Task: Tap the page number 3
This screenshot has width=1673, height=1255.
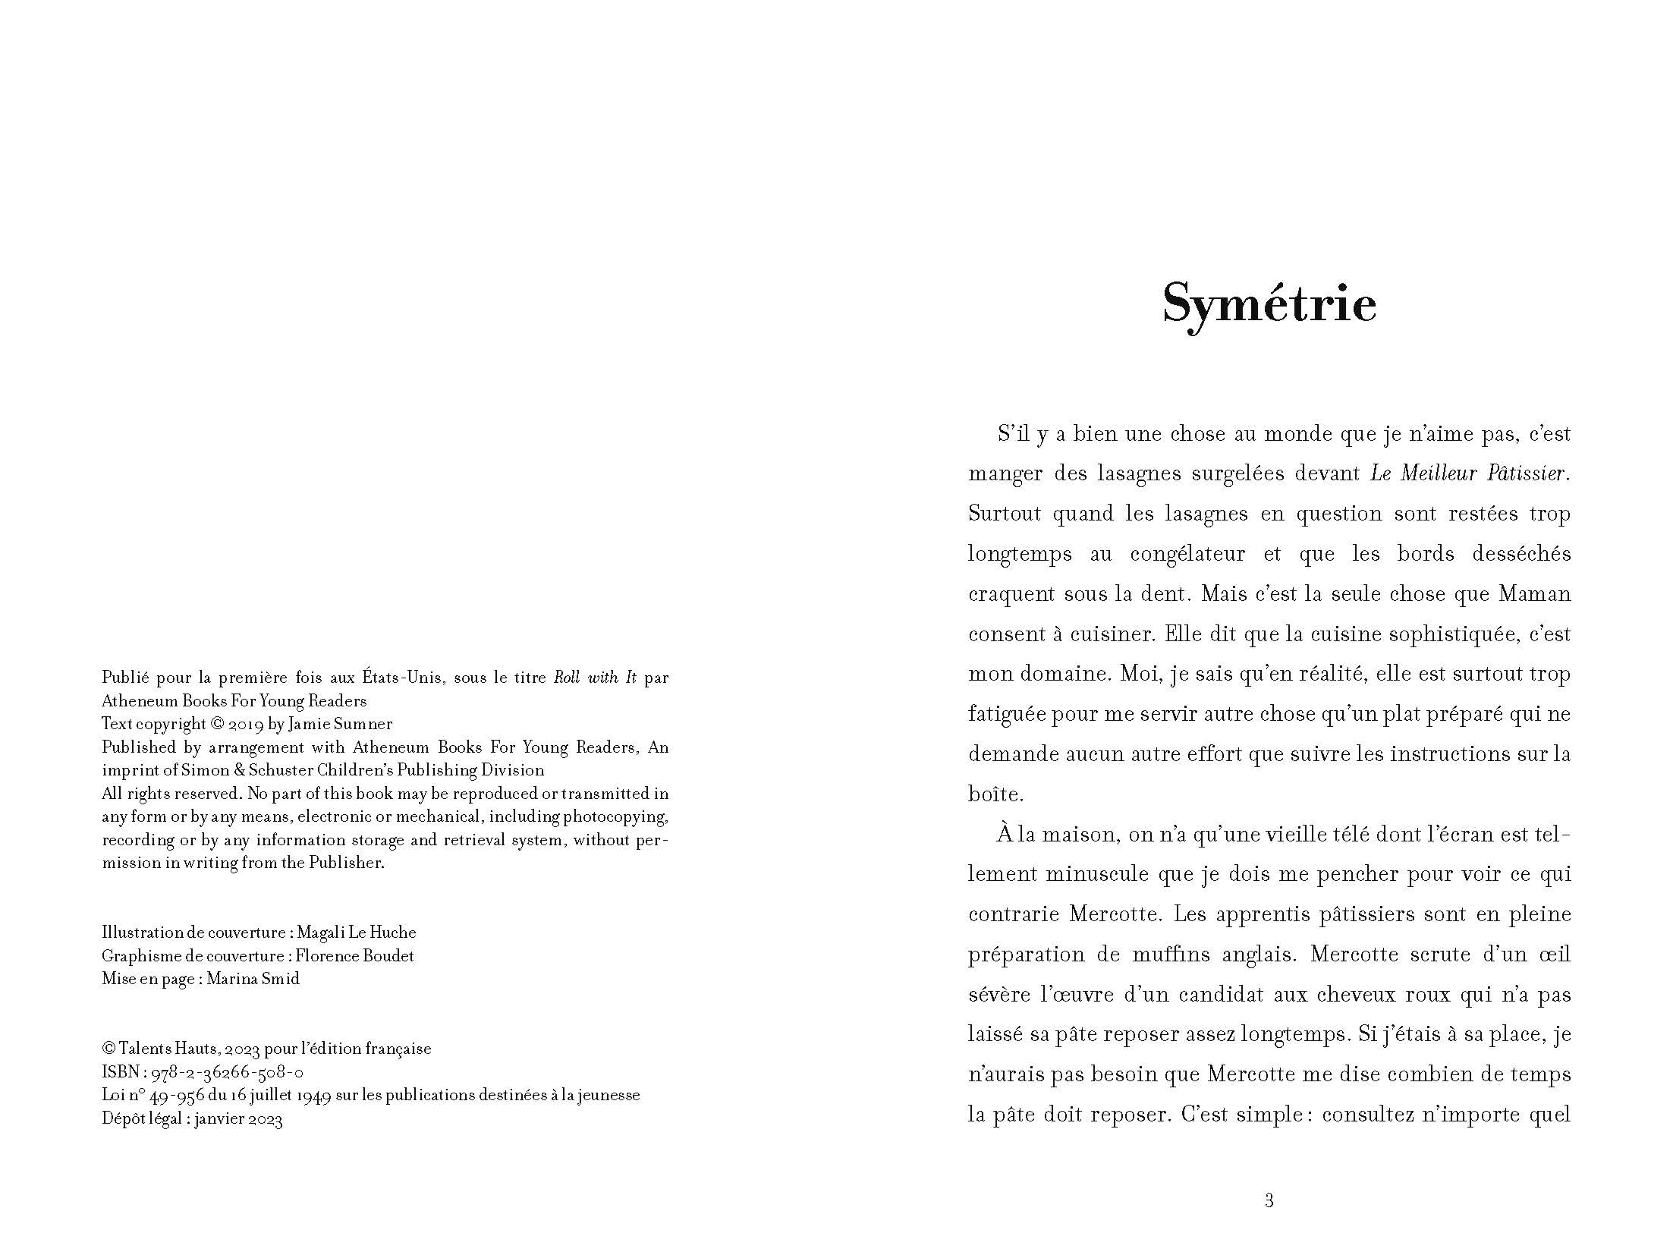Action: [1269, 1200]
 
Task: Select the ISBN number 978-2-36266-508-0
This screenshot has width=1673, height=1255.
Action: [228, 1072]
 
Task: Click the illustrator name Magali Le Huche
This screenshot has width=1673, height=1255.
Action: [357, 933]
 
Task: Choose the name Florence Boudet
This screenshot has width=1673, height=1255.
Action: [355, 956]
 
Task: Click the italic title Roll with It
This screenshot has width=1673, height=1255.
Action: [595, 678]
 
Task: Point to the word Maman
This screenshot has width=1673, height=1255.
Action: [1534, 594]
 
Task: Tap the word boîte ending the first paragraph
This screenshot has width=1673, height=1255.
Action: [995, 794]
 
